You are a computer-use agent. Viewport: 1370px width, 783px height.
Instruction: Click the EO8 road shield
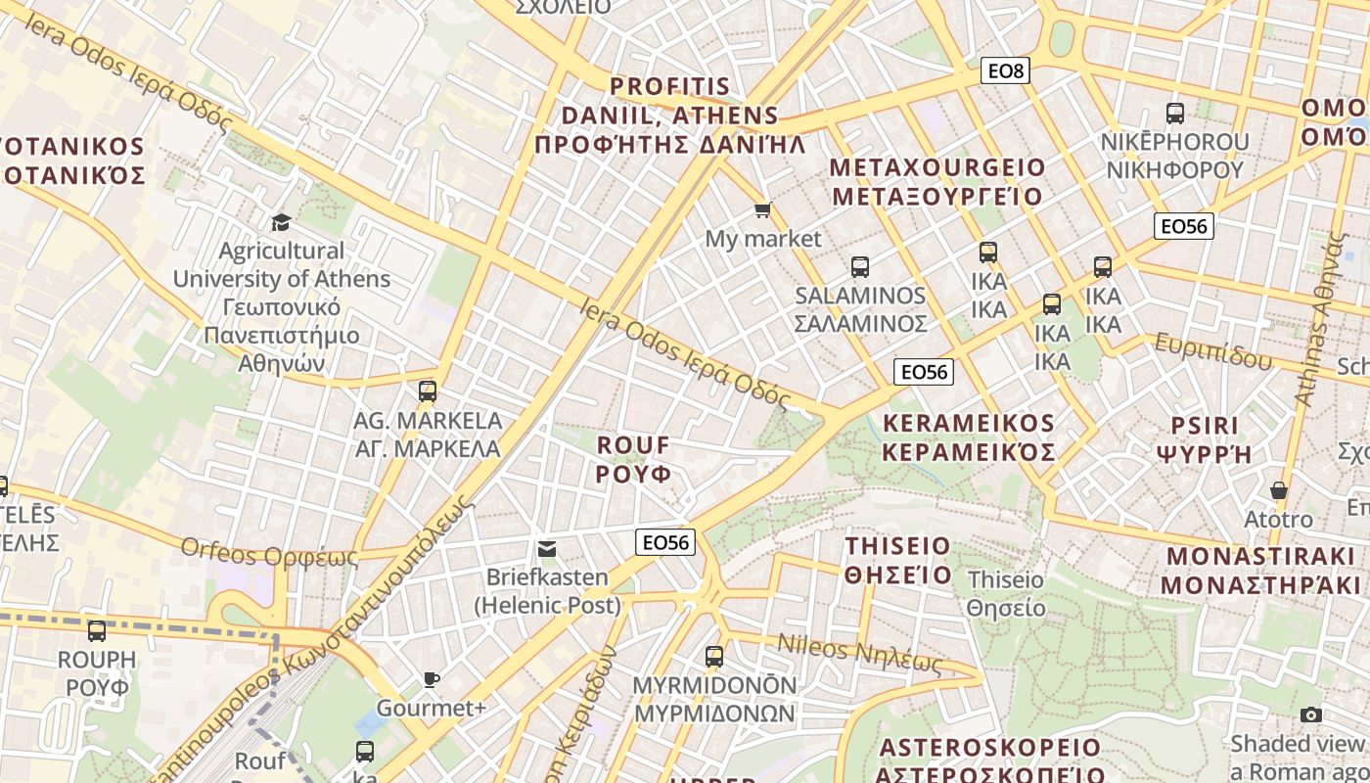click(1005, 70)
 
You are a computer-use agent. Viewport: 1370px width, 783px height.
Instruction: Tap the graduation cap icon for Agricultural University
click(281, 222)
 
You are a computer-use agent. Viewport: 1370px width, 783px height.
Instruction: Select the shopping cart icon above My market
click(763, 210)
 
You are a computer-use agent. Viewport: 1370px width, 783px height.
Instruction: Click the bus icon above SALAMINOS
click(860, 266)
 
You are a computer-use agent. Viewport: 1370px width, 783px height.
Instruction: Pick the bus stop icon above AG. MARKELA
click(427, 391)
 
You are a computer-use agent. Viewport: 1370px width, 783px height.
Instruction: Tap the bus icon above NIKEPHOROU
click(1175, 113)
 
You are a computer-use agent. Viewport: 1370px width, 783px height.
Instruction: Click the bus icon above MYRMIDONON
click(714, 656)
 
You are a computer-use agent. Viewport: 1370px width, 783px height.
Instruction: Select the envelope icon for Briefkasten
click(548, 549)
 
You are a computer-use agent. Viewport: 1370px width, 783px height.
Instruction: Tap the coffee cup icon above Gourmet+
click(431, 679)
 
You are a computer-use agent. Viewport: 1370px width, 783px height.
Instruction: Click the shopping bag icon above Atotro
click(1278, 490)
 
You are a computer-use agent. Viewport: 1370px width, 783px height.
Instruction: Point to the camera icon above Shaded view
click(1311, 715)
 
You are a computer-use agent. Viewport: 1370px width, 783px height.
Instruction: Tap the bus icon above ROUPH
click(96, 631)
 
